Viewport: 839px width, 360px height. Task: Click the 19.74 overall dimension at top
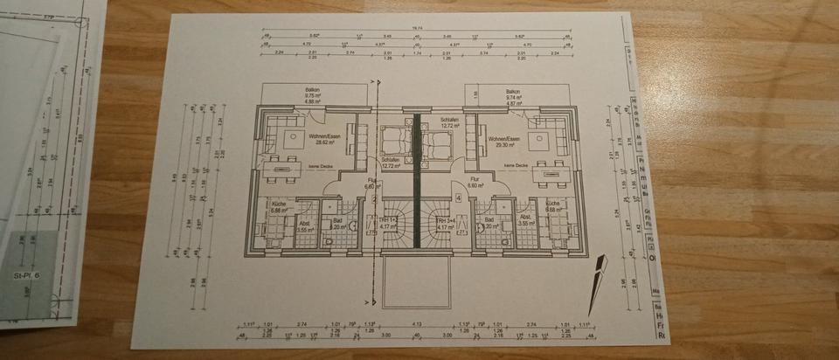click(417, 28)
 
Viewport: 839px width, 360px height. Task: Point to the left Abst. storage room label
click(305, 223)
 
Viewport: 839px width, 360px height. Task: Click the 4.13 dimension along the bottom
click(418, 323)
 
